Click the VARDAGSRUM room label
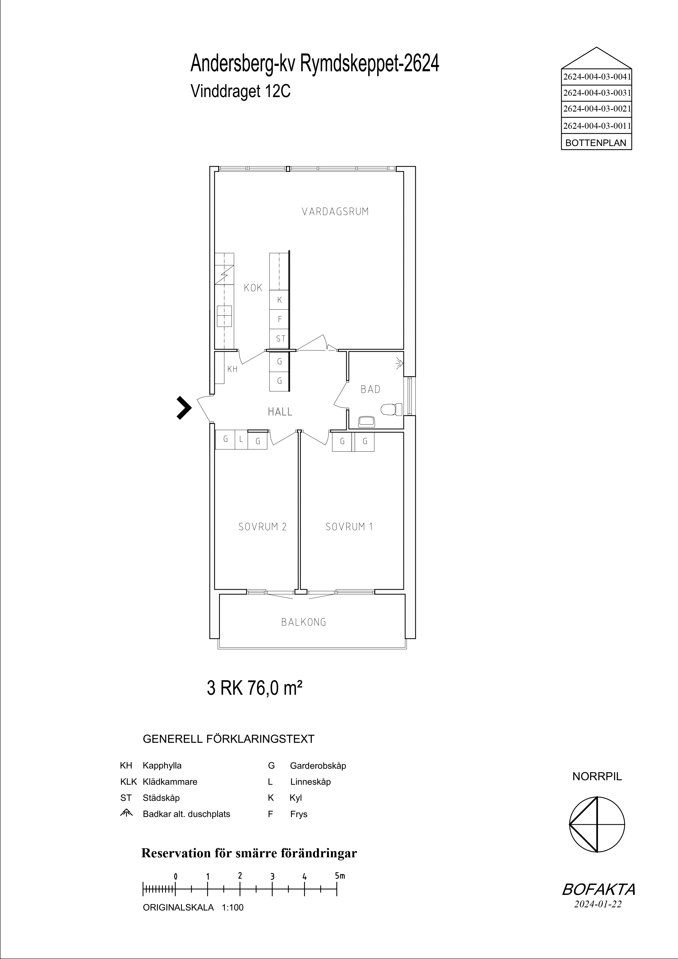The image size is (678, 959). pos(335,211)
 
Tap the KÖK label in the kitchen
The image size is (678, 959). pos(253,287)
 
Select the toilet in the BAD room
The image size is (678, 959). pos(391,409)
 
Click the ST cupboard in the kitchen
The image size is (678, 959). pos(280,338)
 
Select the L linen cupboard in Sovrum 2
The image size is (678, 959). pos(241,439)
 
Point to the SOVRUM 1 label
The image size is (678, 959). pos(349,527)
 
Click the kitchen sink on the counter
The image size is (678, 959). pos(224,316)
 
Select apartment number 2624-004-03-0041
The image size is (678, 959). pos(596,77)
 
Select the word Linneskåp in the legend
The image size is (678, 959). pos(310,782)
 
